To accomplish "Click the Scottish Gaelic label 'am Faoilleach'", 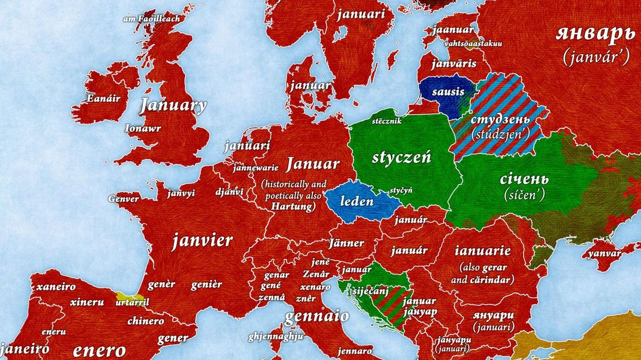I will [151, 19].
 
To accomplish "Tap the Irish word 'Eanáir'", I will [103, 98].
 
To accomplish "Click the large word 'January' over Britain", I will [173, 106].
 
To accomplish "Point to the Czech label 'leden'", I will [356, 201].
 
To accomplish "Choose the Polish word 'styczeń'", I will [401, 158].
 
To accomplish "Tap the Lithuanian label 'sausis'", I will [448, 93].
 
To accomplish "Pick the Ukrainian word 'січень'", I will [524, 179].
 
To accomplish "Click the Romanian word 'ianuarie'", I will [482, 251].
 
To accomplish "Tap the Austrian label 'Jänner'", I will [346, 243].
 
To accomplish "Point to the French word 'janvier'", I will [202, 241].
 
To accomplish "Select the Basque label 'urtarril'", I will [132, 302].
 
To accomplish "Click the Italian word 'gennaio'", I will [316, 316].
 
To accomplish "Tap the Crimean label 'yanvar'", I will [604, 254].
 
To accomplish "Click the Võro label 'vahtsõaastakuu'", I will [473, 44].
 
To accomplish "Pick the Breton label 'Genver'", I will [124, 199].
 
